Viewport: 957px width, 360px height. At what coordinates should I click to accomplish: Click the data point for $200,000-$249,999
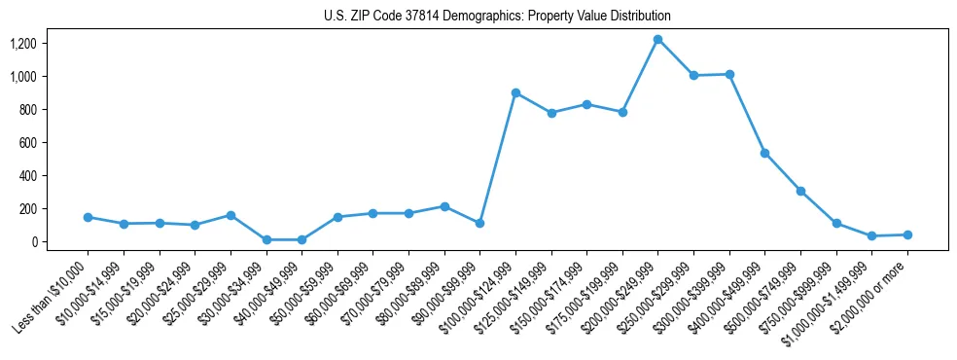pyautogui.click(x=658, y=40)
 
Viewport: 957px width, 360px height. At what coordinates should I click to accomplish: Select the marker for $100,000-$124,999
pyautogui.click(x=515, y=93)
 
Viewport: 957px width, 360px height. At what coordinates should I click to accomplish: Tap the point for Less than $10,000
pyautogui.click(x=88, y=217)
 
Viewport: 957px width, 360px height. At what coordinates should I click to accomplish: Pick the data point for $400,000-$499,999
pyautogui.click(x=765, y=154)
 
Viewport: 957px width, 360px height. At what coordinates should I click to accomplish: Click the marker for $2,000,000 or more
pyautogui.click(x=907, y=234)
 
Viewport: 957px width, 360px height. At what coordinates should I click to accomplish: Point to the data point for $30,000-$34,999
pyautogui.click(x=266, y=239)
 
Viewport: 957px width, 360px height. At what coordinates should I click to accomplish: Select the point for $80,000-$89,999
pyautogui.click(x=444, y=206)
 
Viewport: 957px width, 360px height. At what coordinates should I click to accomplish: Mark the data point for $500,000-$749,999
pyautogui.click(x=800, y=191)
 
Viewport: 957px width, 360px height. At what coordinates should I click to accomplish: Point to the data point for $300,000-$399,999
pyautogui.click(x=729, y=74)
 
